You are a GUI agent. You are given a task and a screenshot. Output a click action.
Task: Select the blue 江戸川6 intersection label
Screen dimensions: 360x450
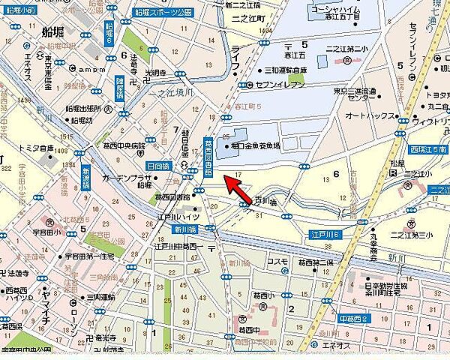point(327,235)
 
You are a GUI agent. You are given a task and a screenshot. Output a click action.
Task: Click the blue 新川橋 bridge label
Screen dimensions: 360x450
point(184,229)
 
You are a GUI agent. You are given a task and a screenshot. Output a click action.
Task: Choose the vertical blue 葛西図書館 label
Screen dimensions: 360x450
point(208,156)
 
